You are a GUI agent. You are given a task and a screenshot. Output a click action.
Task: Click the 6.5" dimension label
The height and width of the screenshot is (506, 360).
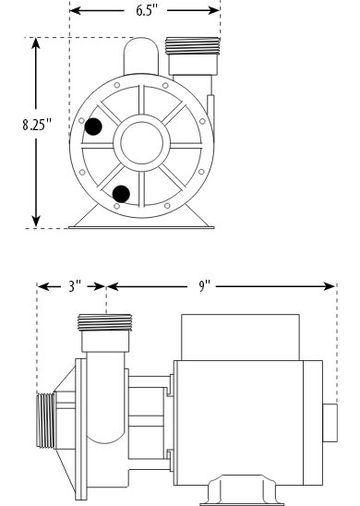tap(147, 11)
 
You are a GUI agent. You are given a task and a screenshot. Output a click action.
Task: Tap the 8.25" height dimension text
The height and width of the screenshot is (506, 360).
tap(37, 125)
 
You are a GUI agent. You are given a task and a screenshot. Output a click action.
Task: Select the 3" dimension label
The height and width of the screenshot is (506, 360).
tap(74, 286)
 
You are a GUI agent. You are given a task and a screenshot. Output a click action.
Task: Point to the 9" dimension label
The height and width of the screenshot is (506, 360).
tap(204, 286)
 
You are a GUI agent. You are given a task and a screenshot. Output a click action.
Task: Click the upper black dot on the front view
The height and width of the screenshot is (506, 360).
tap(93, 126)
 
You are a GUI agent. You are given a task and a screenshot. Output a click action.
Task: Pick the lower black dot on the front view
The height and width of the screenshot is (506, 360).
tap(121, 194)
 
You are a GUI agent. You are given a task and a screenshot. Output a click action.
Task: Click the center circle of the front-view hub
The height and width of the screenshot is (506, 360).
tap(141, 142)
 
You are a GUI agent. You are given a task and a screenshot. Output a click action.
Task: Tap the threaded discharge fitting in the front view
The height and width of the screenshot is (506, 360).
tap(192, 46)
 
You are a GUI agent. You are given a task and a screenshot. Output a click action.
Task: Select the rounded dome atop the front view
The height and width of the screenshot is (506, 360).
tap(141, 55)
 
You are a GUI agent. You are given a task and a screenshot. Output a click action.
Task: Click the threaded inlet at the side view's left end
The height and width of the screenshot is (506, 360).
tap(45, 420)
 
